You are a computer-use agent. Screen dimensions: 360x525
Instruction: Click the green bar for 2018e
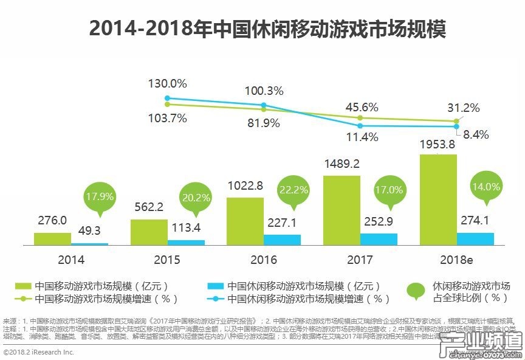[438, 199]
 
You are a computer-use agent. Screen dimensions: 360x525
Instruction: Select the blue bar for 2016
[282, 240]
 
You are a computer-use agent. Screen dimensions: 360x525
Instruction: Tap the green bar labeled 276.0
[52, 238]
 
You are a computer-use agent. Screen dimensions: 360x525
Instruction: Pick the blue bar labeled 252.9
[379, 239]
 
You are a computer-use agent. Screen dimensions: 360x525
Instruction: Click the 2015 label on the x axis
[166, 260]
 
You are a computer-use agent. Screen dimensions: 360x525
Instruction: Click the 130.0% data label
[168, 83]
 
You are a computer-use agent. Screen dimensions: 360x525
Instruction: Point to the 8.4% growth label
[476, 135]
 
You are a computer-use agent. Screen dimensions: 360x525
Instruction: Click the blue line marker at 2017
[360, 126]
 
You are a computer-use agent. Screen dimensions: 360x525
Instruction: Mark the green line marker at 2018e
[457, 121]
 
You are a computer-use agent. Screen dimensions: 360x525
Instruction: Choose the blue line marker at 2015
[167, 98]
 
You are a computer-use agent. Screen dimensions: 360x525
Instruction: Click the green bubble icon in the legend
[416, 291]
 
